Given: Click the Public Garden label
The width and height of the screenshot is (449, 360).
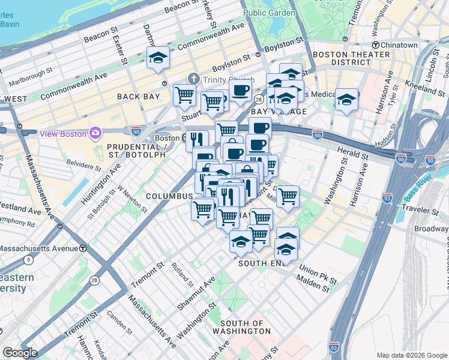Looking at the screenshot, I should coord(270,13).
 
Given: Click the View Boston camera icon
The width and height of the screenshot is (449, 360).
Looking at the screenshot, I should coord(95,133).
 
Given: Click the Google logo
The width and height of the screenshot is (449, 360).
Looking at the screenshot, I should coord(20,353).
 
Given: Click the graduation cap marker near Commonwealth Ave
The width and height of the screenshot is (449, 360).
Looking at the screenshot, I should coord(158,59).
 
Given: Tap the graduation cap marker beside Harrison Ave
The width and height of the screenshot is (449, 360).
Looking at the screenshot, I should coord(346,100).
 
